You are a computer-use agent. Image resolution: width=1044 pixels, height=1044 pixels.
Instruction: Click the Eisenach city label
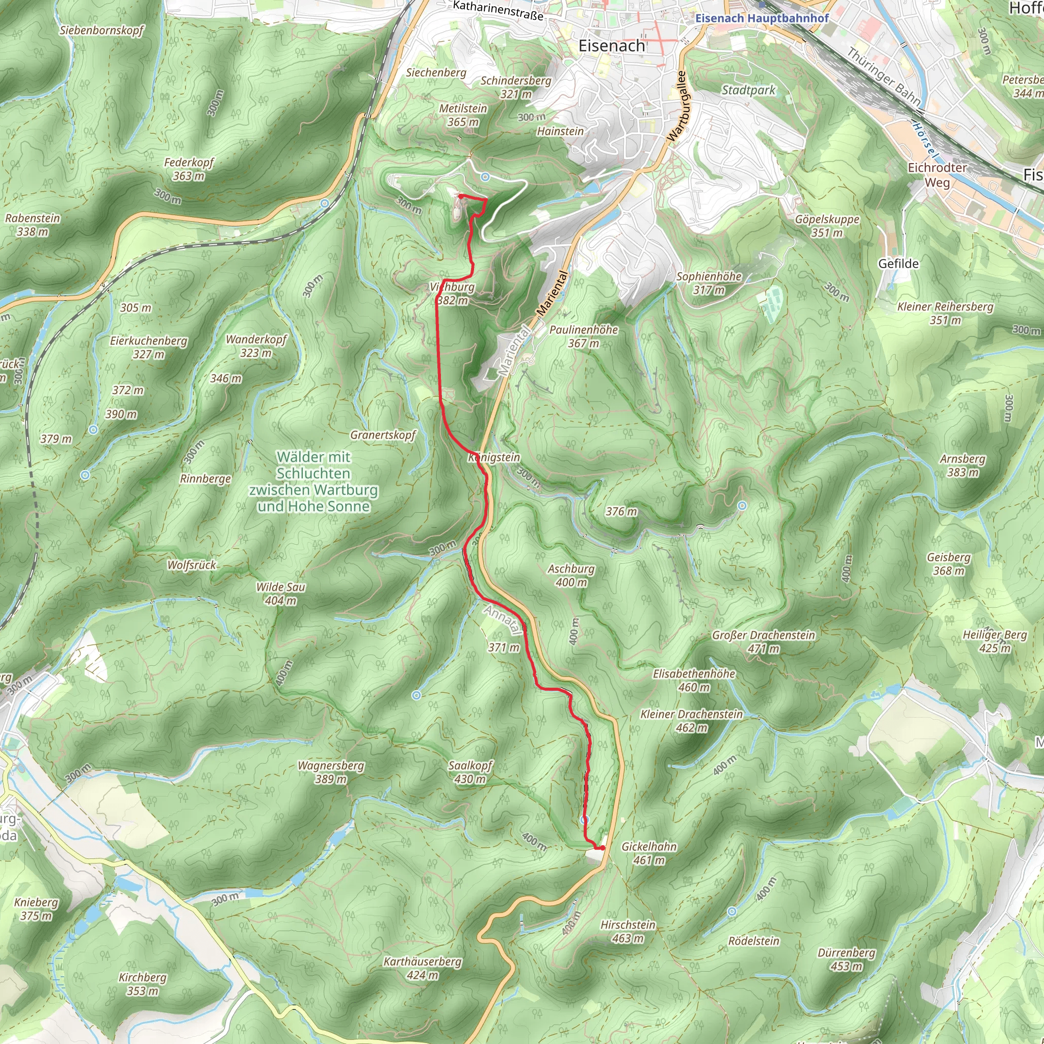click(x=612, y=46)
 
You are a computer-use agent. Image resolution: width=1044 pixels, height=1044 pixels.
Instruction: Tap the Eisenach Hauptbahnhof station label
click(x=762, y=18)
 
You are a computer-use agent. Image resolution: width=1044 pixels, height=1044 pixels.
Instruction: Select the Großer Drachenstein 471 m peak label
click(x=763, y=642)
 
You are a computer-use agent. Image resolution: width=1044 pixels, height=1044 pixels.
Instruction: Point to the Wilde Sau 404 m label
click(x=280, y=593)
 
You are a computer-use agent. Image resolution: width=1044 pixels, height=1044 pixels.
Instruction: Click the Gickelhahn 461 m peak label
click(x=649, y=853)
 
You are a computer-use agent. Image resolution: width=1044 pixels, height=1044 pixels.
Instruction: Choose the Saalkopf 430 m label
click(x=470, y=772)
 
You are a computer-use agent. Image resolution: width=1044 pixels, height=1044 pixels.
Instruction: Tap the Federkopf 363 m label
click(x=189, y=169)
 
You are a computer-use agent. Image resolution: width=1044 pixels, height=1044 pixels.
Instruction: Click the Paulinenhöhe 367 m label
click(x=584, y=336)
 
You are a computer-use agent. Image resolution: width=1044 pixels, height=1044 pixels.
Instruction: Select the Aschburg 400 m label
click(x=571, y=576)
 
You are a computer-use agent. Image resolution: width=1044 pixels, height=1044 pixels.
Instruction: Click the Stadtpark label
click(x=748, y=90)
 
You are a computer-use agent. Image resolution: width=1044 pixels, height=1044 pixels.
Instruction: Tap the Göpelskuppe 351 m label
click(x=827, y=226)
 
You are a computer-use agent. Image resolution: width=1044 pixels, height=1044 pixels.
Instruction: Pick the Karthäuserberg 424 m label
click(x=423, y=969)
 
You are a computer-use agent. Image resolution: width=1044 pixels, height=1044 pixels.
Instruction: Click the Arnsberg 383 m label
click(x=963, y=465)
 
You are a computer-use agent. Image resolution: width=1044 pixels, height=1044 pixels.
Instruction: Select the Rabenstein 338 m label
click(x=33, y=225)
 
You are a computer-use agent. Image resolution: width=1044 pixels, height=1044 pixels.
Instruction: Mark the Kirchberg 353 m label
click(x=143, y=984)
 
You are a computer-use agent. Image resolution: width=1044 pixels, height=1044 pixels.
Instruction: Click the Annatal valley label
click(x=503, y=619)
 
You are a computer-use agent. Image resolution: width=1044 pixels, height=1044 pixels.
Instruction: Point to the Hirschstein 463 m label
click(x=628, y=932)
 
